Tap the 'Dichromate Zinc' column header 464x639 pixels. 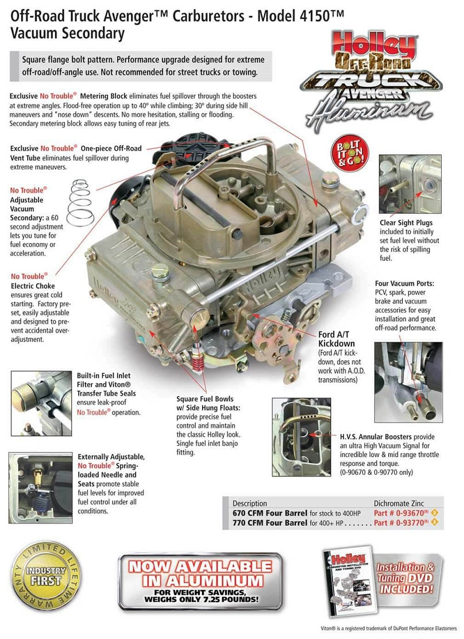point(401,503)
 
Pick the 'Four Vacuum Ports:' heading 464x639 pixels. point(405,283)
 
